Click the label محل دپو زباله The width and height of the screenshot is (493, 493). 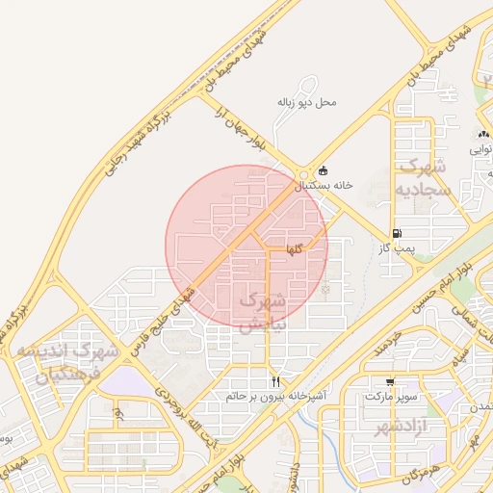point(307,101)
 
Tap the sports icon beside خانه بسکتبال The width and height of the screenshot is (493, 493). point(323,170)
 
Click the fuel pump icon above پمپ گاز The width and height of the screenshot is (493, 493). point(397,234)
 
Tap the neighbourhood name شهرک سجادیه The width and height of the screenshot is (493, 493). point(423,177)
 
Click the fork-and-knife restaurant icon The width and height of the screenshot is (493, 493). point(276,382)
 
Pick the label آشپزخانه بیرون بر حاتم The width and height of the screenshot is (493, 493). point(276,396)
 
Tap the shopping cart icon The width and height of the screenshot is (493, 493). point(389,382)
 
